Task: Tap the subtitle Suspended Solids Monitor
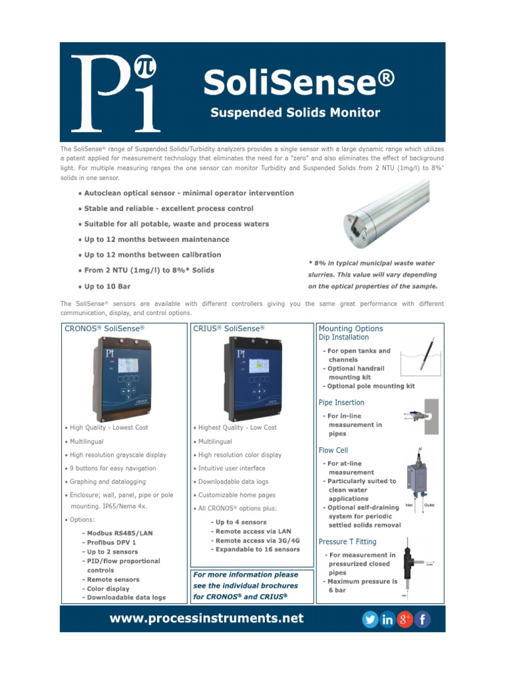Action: (295, 112)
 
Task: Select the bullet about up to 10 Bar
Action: (107, 287)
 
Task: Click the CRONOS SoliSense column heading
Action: (104, 328)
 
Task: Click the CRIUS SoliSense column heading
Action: (229, 328)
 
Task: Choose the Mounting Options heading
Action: (350, 329)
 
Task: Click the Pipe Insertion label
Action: (341, 402)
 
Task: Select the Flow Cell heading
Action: (333, 450)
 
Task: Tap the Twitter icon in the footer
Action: (370, 619)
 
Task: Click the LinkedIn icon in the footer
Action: (387, 619)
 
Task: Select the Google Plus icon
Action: (405, 619)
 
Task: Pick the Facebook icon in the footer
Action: (423, 619)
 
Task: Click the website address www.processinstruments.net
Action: (206, 618)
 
